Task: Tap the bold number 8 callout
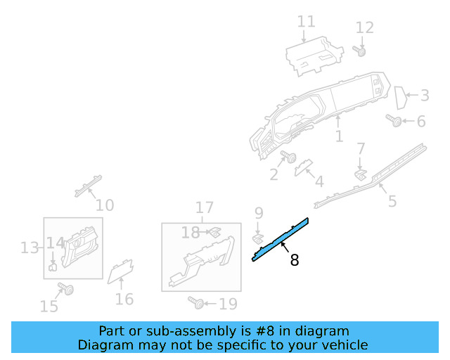pos(295,260)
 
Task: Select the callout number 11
pos(306,22)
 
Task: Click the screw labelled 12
pos(361,51)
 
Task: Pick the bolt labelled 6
pos(394,122)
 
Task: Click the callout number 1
pos(340,136)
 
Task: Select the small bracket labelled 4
pos(303,167)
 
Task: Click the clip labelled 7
pos(359,173)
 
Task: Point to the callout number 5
pos(392,202)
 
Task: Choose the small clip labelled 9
pos(258,239)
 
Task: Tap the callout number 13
pos(29,247)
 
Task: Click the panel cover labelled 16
pos(120,271)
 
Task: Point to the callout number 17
pos(204,207)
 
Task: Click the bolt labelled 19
pos(198,303)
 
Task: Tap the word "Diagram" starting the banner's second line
pos(105,345)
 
